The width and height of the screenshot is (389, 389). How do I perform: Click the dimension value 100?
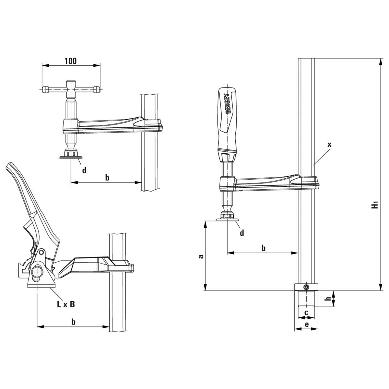click(x=71, y=61)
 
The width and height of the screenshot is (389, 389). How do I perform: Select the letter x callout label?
click(x=329, y=145)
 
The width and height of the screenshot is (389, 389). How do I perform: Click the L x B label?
click(x=66, y=304)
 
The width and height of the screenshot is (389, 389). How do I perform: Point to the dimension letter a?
click(x=201, y=256)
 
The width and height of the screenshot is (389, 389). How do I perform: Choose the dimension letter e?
click(x=306, y=324)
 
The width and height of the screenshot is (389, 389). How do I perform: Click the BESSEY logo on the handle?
click(x=227, y=103)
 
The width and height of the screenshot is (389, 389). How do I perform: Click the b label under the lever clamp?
click(x=74, y=322)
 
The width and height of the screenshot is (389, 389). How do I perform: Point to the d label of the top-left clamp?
click(x=84, y=170)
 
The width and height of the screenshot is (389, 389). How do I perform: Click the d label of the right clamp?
click(x=242, y=232)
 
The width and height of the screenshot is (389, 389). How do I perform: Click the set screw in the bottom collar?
click(x=306, y=287)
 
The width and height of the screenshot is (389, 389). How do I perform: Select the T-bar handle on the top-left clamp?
click(x=71, y=88)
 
